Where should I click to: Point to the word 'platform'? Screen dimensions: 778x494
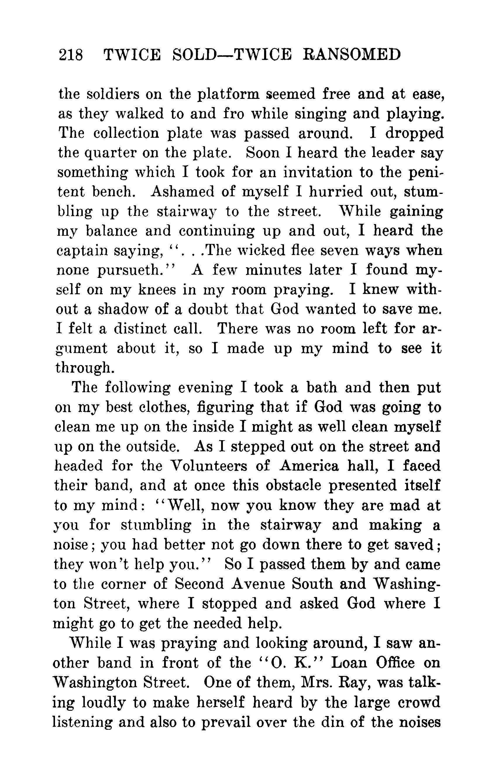[x=229, y=94]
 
